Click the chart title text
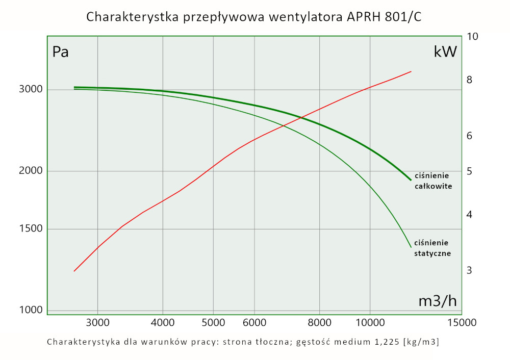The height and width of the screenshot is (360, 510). pyautogui.click(x=254, y=17)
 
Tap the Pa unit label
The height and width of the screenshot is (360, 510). pyautogui.click(x=60, y=52)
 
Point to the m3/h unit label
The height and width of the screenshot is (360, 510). pyautogui.click(x=437, y=301)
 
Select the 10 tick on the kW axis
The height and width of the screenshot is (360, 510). pyautogui.click(x=472, y=37)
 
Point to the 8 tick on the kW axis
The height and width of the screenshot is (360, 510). pyautogui.click(x=469, y=80)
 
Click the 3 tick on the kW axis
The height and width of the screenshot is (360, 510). pyautogui.click(x=469, y=270)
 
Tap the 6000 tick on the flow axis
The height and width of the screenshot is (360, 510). pyautogui.click(x=254, y=322)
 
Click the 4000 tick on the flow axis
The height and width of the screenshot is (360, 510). pyautogui.click(x=163, y=322)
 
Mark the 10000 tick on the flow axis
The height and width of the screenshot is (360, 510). pyautogui.click(x=369, y=322)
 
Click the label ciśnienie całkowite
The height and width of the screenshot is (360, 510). pyautogui.click(x=433, y=181)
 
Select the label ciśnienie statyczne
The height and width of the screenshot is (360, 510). pyautogui.click(x=432, y=247)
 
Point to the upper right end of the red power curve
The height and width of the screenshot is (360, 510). pyautogui.click(x=411, y=71)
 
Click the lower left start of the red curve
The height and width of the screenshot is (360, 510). pyautogui.click(x=74, y=271)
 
